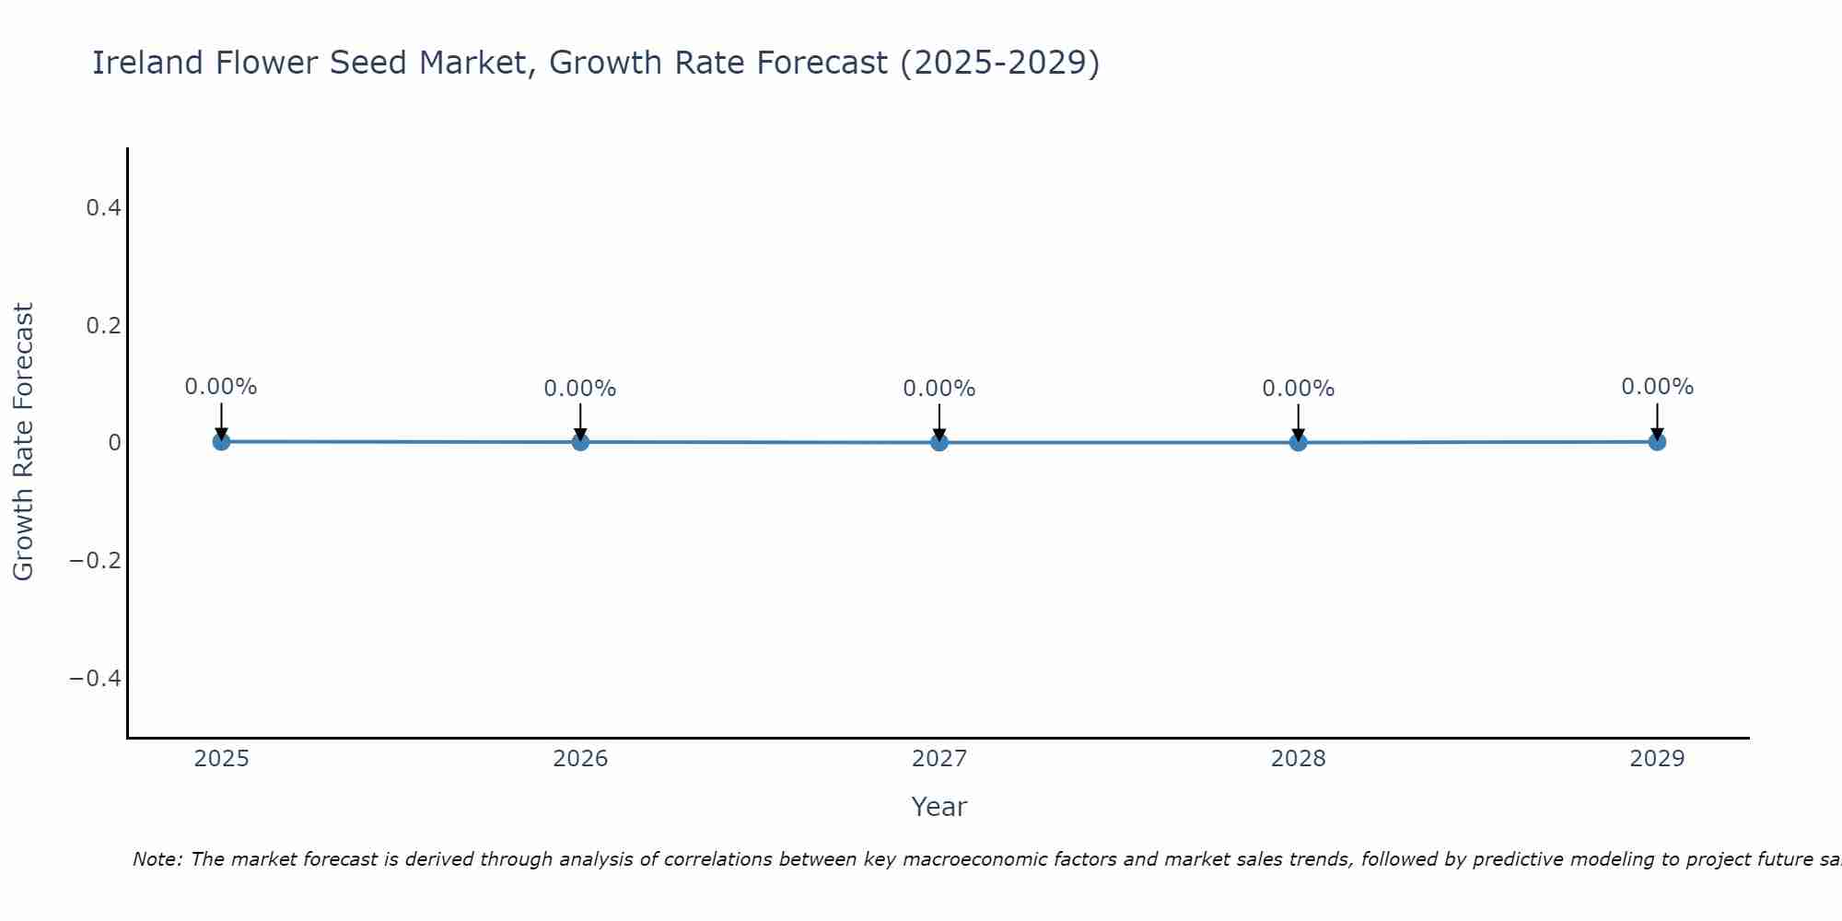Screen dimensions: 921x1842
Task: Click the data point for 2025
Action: tap(221, 441)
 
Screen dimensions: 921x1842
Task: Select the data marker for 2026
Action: tap(580, 442)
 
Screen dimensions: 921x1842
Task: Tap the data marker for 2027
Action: tap(939, 442)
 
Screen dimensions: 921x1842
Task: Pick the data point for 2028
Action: tap(1299, 442)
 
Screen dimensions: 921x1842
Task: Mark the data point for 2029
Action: tap(1657, 441)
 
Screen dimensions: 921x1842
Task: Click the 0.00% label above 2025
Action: tap(221, 387)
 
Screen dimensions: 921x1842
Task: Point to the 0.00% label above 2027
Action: tap(939, 389)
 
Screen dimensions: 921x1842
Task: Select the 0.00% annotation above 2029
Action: tap(1657, 387)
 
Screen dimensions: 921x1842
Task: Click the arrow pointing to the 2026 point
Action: tap(580, 422)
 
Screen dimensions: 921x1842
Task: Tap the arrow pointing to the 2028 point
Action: tap(1299, 422)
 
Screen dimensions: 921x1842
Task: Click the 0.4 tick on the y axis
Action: tap(103, 208)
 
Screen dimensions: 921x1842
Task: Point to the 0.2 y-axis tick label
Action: tap(103, 326)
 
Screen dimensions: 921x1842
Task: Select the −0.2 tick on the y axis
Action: tap(96, 561)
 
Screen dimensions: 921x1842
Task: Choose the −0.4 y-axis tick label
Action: tap(96, 679)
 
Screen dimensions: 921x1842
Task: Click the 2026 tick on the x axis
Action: tap(580, 759)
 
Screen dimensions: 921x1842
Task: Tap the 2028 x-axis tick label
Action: tap(1299, 759)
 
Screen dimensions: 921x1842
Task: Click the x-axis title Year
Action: tap(938, 807)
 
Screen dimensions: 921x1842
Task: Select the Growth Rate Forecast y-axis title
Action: tap(23, 442)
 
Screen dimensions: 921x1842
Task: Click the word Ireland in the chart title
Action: tap(147, 63)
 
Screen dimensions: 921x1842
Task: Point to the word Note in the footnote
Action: tap(157, 859)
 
